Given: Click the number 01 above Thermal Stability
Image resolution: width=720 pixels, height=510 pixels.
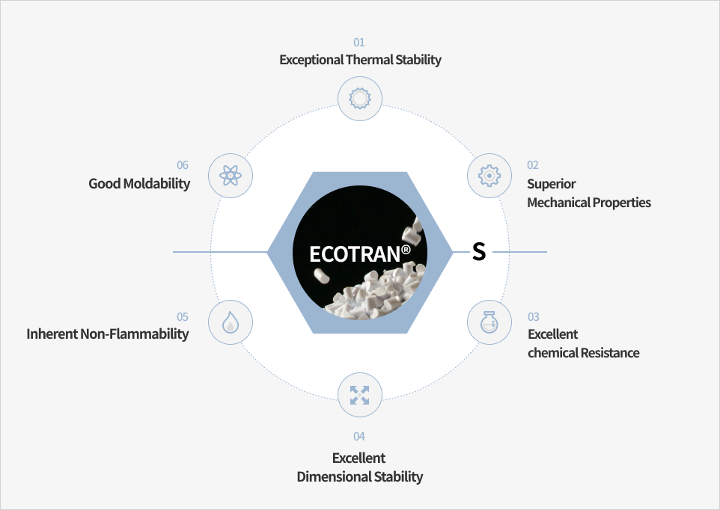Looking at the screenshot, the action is coord(359,43).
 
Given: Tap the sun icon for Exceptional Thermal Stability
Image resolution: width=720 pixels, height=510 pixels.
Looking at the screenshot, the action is coord(360,99).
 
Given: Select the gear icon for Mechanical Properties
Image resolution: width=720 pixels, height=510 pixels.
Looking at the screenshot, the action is coord(489,176).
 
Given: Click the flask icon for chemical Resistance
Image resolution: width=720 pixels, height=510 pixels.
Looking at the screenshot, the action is coord(489,322).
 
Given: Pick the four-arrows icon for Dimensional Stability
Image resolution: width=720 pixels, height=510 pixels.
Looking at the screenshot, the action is coord(359,395).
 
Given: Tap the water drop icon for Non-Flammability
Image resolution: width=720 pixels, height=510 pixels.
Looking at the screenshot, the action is coord(231,322).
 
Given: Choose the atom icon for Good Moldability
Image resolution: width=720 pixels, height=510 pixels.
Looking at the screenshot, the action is coord(231,176).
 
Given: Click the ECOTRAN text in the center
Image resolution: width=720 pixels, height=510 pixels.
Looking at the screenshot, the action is coord(355,254).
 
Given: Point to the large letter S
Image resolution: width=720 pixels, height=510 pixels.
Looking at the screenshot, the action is coord(479,252).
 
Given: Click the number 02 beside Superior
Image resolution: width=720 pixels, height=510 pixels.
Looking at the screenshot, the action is coord(533,165).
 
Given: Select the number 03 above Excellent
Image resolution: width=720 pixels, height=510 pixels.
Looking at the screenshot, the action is coord(534,317).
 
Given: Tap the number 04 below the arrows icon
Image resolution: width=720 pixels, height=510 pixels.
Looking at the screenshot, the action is coord(359,437).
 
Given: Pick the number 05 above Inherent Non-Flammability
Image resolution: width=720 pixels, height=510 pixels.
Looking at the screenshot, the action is coord(183,317).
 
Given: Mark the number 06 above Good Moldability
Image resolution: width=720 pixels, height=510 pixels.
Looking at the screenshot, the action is coord(183,165).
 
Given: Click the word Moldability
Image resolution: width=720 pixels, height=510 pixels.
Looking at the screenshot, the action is coord(156,184).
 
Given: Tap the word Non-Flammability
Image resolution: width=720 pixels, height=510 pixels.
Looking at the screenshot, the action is coord(135,334).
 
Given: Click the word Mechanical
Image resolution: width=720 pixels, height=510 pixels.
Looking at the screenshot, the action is coord(558,202).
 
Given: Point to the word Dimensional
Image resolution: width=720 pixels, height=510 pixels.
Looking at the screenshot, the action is coord(335,476).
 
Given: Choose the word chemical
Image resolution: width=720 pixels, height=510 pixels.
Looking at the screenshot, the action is coord(553,353).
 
